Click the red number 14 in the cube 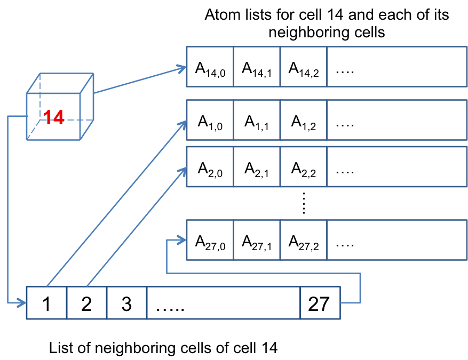(x=54, y=117)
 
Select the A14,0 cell (x=210, y=67)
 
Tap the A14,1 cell (x=257, y=67)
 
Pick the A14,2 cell (x=303, y=67)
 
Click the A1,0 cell (x=210, y=121)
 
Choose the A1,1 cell (x=257, y=121)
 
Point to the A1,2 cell (x=303, y=121)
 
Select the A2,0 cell (x=210, y=167)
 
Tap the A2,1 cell (x=257, y=167)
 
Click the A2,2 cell (x=303, y=167)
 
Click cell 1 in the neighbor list (x=47, y=303)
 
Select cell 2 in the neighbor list (x=86, y=303)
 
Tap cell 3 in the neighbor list (x=126, y=303)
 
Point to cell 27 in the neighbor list (x=320, y=303)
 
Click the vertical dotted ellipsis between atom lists (x=303, y=203)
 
